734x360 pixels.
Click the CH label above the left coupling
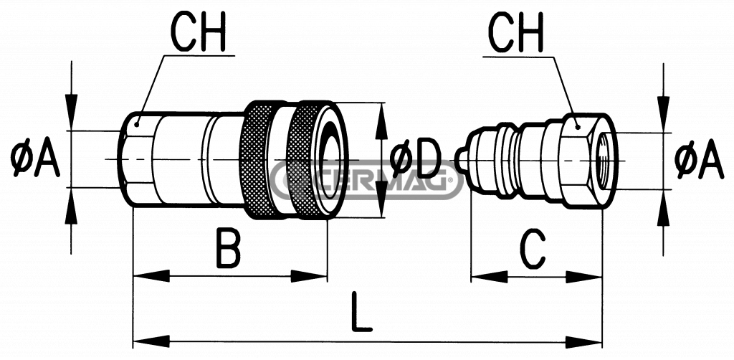coord(197,30)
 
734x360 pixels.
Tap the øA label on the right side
coord(699,159)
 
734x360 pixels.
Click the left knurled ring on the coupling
coord(259,159)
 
